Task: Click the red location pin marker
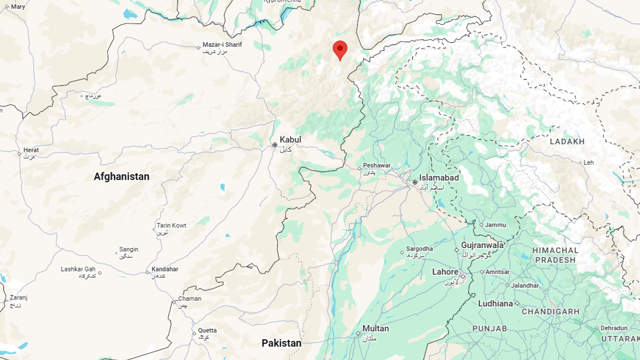340,50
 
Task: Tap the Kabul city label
290,140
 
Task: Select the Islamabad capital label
438,178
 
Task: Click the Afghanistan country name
122,177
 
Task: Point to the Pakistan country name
281,343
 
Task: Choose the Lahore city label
445,272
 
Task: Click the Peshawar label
377,166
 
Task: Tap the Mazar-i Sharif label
222,45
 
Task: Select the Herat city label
31,150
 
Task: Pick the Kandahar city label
165,269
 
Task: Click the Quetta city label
207,330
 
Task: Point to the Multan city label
375,329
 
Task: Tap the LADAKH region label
567,141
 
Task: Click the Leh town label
588,162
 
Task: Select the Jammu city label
496,225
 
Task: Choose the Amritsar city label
498,272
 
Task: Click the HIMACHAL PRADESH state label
555,255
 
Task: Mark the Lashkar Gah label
78,269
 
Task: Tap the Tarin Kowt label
171,226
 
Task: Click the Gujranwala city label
483,245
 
